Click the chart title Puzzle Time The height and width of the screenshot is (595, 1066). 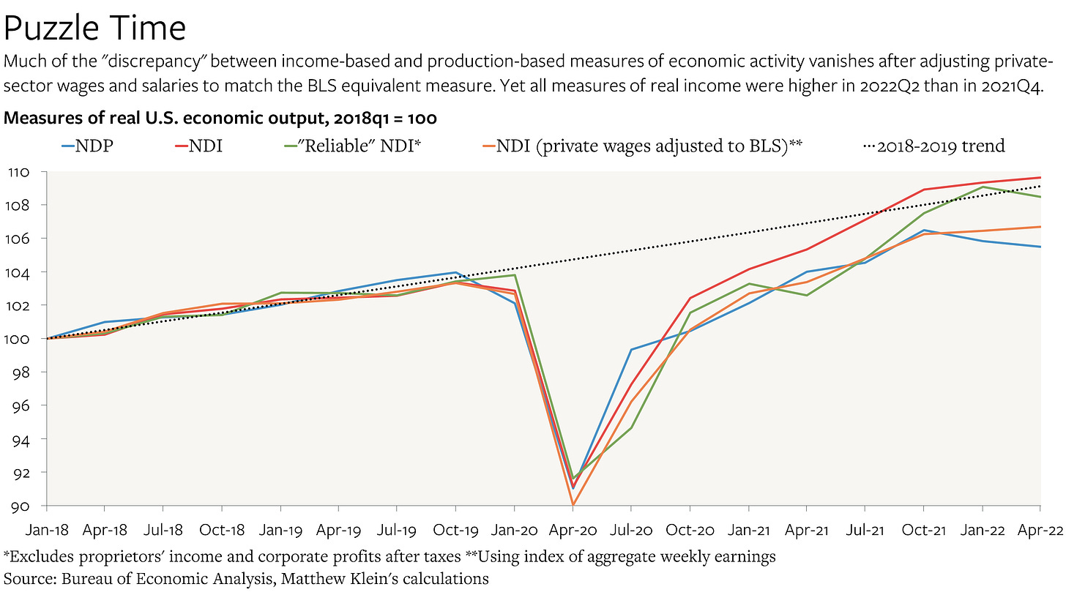tap(95, 28)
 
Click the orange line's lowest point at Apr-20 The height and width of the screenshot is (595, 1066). tap(573, 504)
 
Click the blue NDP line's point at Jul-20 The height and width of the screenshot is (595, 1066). tap(631, 350)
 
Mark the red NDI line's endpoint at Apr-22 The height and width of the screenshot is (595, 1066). tap(1040, 178)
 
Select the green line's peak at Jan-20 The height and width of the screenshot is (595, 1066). tap(515, 275)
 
